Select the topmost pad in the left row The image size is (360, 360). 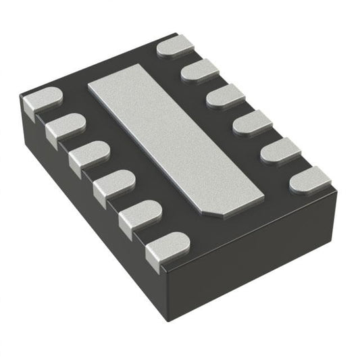[x=42, y=101]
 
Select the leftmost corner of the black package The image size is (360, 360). [x=22, y=101]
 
